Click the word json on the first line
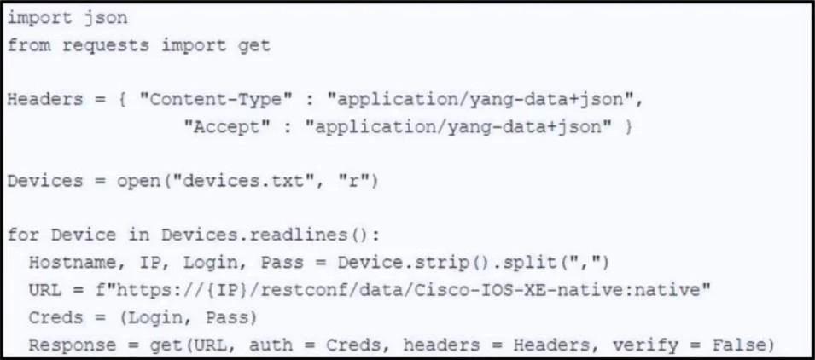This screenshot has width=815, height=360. click(x=105, y=19)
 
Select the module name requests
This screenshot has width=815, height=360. click(x=106, y=46)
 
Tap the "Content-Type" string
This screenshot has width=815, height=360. click(x=214, y=99)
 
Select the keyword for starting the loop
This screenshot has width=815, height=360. click(x=23, y=235)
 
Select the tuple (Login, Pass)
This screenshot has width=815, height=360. click(x=189, y=316)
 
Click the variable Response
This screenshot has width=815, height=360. click(x=73, y=345)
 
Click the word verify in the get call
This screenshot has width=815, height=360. click(x=645, y=345)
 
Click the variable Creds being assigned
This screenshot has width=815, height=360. click(x=55, y=316)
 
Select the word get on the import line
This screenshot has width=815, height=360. click(x=253, y=46)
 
